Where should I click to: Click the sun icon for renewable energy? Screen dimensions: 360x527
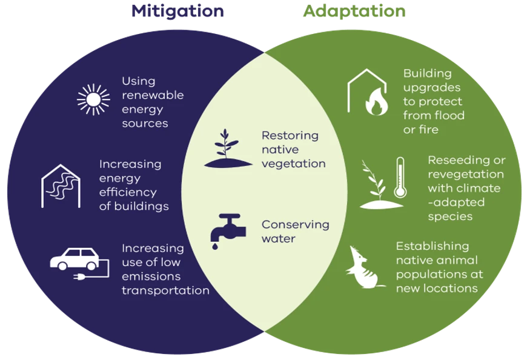(93, 99)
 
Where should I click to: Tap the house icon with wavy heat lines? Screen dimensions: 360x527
(61, 185)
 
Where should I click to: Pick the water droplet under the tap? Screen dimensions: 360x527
(214, 247)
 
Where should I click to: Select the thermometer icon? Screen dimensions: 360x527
(400, 177)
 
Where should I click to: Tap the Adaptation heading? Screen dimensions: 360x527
(354, 11)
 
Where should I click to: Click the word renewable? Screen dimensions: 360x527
(153, 95)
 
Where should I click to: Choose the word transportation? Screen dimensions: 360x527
(165, 290)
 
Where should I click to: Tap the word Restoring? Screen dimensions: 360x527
(290, 136)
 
